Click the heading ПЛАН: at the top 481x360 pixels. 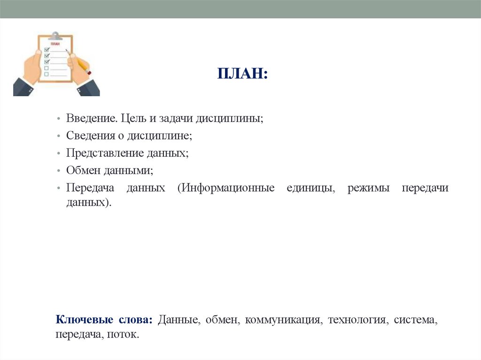242,74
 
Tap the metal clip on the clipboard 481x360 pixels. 55,36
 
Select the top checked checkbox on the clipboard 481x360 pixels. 47,49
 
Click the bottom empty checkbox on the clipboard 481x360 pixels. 47,74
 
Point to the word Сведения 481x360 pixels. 90,136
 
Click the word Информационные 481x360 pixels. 226,188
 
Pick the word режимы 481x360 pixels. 368,188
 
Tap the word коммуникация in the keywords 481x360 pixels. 283,321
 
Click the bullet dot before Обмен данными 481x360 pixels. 57,171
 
